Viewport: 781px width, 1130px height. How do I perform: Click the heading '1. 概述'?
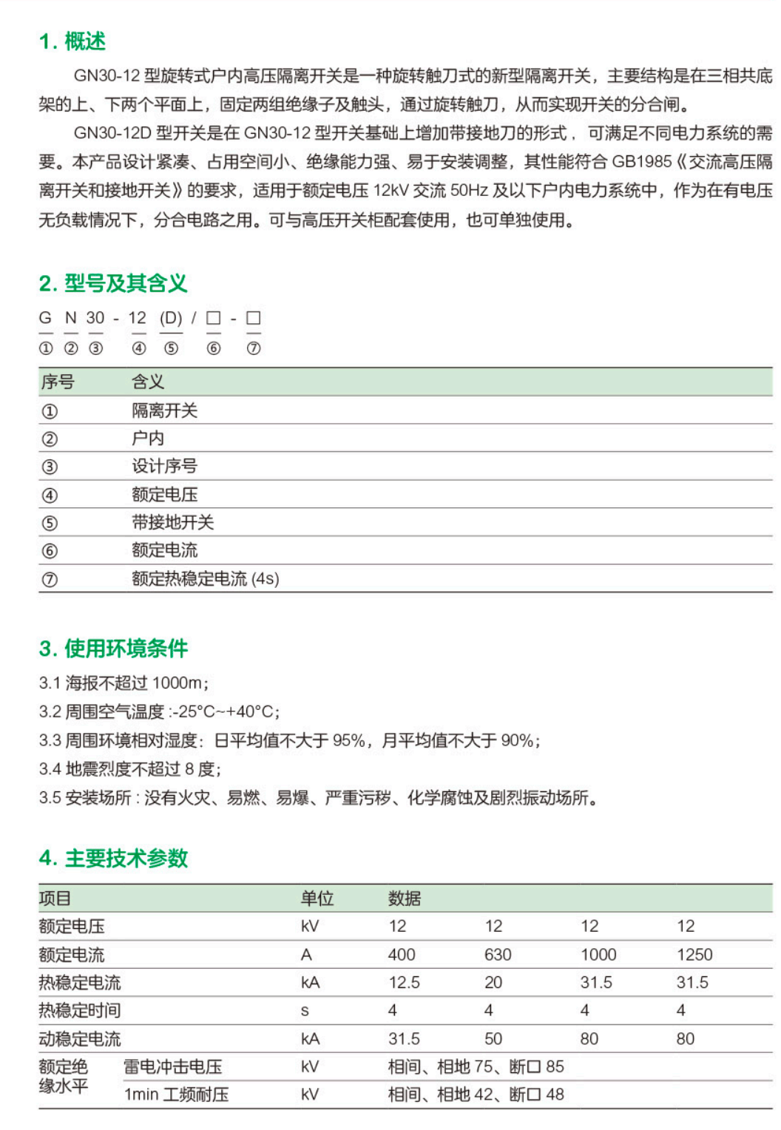[72, 41]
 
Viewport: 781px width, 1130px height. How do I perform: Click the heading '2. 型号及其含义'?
[113, 283]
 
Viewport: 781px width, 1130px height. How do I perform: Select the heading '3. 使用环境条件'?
[113, 649]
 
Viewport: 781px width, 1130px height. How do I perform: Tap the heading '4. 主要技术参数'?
[113, 858]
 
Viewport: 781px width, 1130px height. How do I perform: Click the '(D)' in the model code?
[171, 318]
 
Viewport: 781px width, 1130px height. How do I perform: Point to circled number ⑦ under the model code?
[254, 348]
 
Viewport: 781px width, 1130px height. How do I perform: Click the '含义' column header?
[148, 382]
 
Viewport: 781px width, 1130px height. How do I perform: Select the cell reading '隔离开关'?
[164, 410]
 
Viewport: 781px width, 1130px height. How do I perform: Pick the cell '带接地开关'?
[172, 522]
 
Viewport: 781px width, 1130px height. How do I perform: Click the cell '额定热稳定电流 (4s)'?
[205, 578]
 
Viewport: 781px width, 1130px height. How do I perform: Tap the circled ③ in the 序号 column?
[50, 467]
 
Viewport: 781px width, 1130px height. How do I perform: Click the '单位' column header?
[317, 899]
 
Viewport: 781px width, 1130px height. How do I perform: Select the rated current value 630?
[498, 955]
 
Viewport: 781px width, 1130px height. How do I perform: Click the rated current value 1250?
[694, 955]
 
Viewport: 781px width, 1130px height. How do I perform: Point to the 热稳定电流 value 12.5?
[404, 983]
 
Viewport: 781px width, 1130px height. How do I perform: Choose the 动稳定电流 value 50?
[493, 1039]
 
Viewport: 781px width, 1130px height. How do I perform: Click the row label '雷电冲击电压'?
[172, 1066]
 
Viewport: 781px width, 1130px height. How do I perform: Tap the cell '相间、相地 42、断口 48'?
[476, 1095]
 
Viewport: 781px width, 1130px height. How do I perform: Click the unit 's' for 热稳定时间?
[305, 1011]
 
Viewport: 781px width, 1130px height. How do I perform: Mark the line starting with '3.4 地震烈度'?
[130, 769]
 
